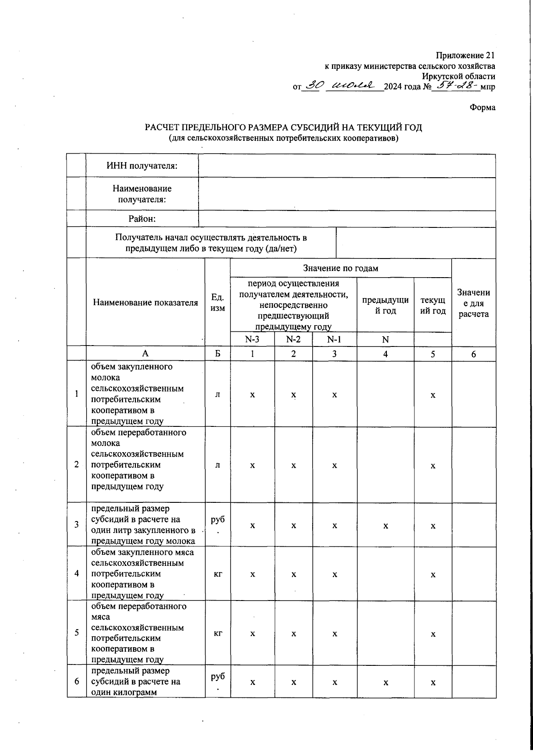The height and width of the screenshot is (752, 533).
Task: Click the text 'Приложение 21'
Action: [465, 56]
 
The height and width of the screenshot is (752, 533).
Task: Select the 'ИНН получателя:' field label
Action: [142, 166]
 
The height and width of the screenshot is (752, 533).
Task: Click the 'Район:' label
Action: [142, 219]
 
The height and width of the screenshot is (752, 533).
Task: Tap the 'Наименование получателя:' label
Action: [142, 194]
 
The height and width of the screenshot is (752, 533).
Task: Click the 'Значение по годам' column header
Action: [340, 268]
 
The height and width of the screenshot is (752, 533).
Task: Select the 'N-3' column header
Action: [252, 340]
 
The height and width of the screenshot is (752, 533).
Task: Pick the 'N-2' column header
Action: [293, 340]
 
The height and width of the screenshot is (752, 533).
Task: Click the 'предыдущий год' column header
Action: [385, 305]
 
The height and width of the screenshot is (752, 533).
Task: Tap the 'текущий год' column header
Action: [433, 305]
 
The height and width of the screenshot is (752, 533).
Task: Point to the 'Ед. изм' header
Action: [217, 302]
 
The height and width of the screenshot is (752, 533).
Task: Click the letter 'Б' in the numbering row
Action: [217, 354]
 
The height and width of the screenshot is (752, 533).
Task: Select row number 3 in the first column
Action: [77, 524]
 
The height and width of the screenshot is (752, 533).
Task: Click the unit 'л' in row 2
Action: [217, 465]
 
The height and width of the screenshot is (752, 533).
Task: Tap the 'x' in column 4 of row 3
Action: [386, 526]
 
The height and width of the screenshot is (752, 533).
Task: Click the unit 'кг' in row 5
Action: [218, 633]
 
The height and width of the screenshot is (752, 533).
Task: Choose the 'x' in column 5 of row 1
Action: [433, 395]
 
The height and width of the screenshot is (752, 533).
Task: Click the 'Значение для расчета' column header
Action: [473, 303]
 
